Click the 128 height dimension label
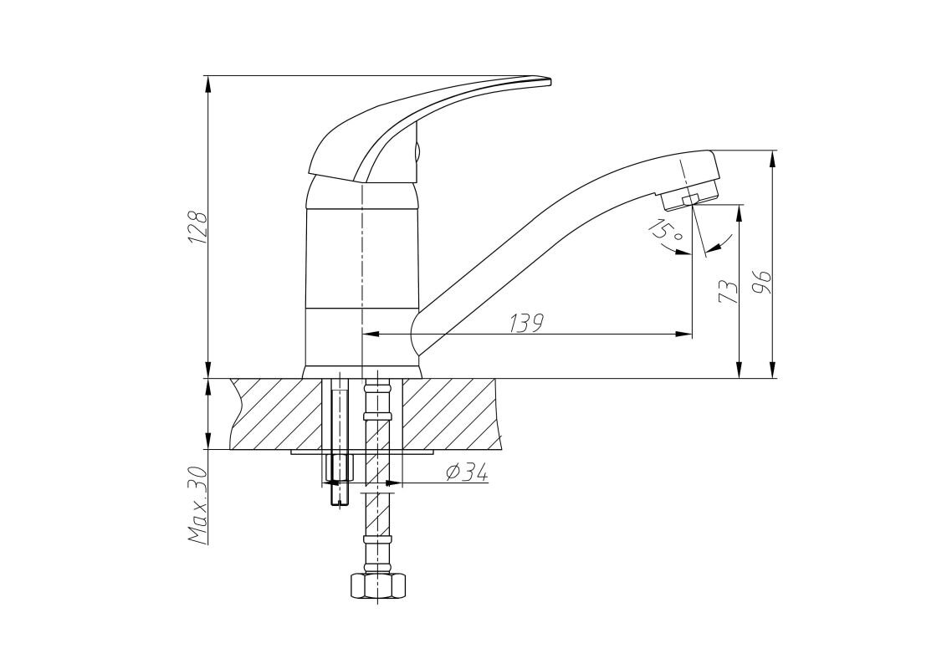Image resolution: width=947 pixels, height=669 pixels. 198,227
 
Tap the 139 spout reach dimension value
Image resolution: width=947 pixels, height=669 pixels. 526,323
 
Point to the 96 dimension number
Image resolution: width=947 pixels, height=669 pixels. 763,282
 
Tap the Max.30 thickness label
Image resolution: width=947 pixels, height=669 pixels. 198,506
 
